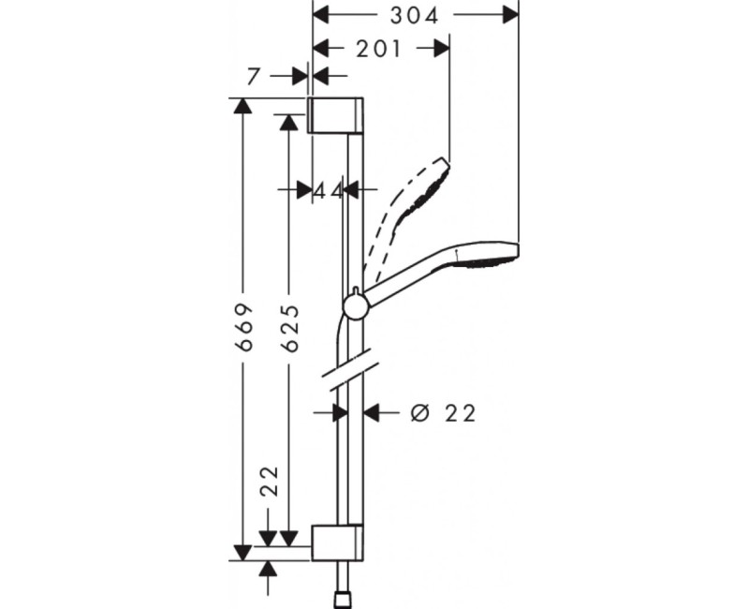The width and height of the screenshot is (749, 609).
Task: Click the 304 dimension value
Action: pos(415,16)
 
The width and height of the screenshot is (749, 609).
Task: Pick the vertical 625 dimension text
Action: pos(290,327)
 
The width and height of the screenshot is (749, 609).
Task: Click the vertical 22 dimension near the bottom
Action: pos(271,482)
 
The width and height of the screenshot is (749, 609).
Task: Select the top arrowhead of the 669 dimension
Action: pos(243,106)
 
